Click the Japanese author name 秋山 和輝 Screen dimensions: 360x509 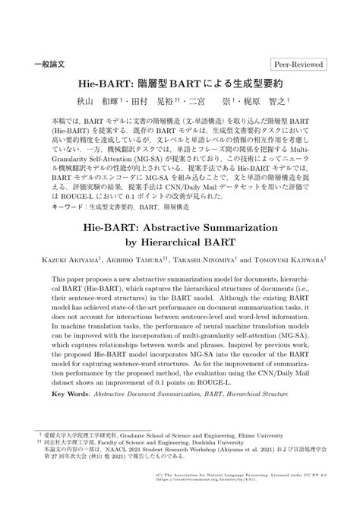tap(125, 99)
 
